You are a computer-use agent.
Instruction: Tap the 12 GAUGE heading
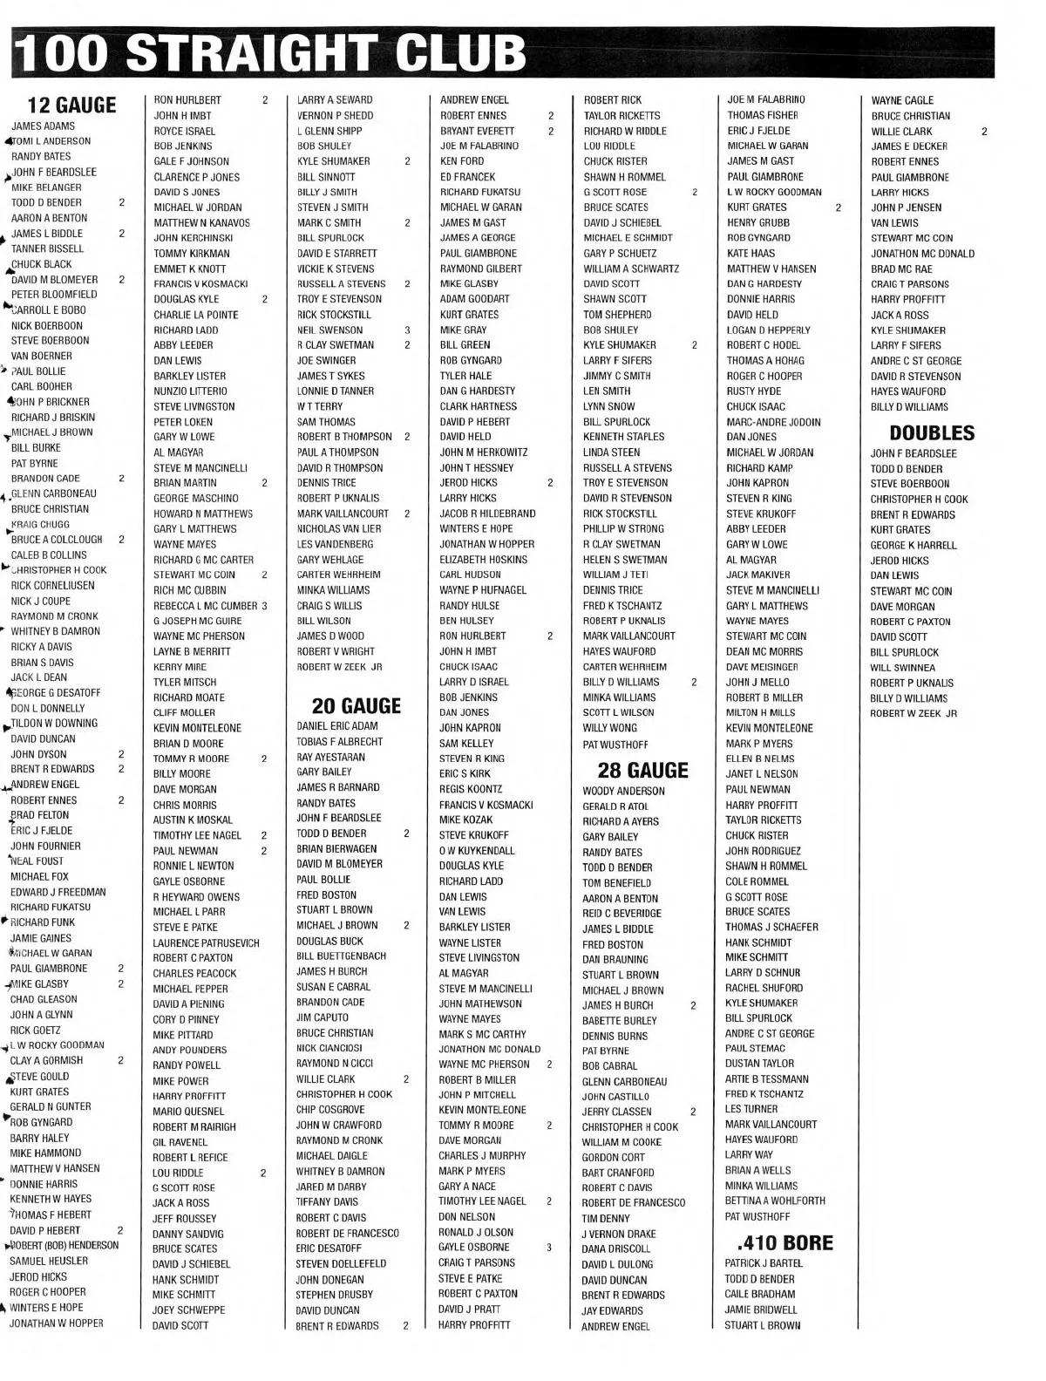coord(72,105)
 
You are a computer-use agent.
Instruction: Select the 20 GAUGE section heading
coord(356,705)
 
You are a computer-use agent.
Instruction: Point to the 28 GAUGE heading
coord(642,770)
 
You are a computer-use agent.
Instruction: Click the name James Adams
coord(43,126)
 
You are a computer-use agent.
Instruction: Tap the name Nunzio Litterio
coord(190,391)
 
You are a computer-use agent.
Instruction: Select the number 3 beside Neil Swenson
coord(407,330)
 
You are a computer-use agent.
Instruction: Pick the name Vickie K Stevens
coord(336,269)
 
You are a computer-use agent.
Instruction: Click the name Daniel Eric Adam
coord(337,726)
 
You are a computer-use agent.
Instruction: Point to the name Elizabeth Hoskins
coord(483,560)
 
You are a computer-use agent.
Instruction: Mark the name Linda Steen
coord(611,452)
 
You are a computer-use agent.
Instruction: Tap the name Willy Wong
coord(610,728)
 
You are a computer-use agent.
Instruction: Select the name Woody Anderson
coord(623,792)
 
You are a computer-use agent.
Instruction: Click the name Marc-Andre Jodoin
coord(773,422)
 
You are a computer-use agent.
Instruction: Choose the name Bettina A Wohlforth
coord(775,1201)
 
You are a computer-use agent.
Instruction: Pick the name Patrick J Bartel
coord(764,1263)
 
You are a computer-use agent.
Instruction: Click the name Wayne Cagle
coord(902,101)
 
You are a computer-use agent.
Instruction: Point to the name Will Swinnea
coord(902,668)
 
